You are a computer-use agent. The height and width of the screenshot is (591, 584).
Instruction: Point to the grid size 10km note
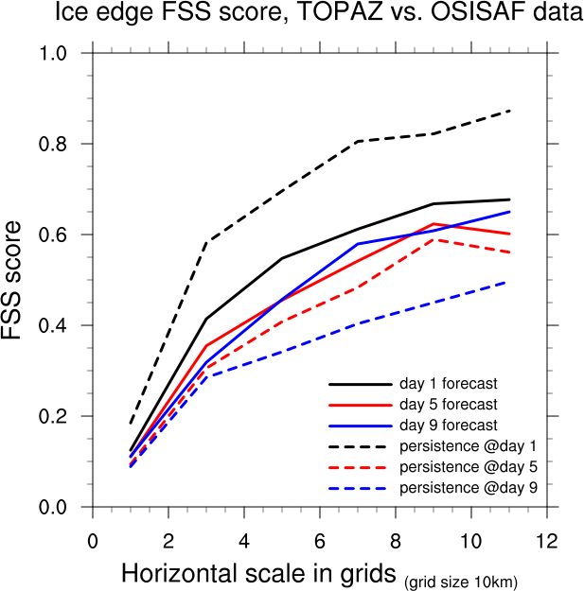click(x=461, y=580)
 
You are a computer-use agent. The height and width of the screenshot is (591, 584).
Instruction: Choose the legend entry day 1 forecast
click(x=448, y=385)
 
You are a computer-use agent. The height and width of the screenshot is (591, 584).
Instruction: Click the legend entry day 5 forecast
click(x=448, y=406)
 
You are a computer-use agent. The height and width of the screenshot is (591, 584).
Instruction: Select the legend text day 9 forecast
click(x=448, y=426)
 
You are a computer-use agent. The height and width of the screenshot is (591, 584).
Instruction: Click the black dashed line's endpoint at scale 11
click(x=509, y=111)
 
